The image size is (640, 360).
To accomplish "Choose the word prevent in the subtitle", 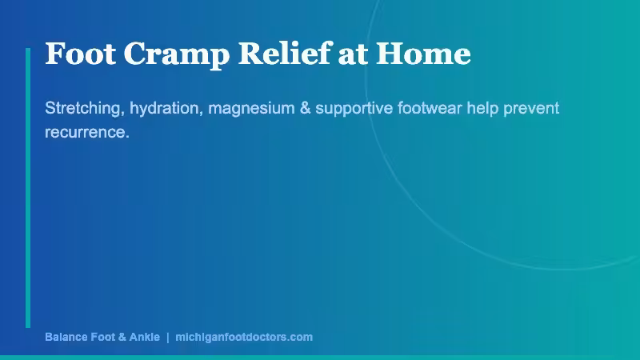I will tap(533, 108).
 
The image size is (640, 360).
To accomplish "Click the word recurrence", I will tap(86, 132).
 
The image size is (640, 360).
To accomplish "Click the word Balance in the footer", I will tap(67, 337).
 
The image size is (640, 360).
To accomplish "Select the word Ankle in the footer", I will tap(143, 337).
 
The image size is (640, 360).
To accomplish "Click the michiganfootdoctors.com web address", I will tap(243, 337).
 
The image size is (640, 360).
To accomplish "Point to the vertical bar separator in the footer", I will tap(167, 337).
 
